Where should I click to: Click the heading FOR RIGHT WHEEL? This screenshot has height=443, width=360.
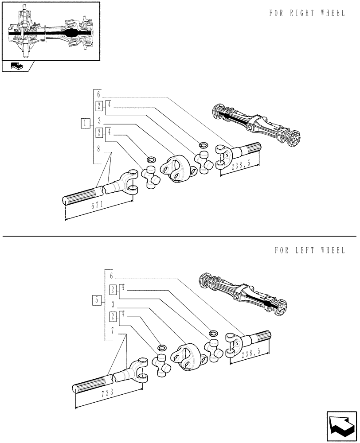[306, 13]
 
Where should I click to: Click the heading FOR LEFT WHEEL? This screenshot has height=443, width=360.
[309, 251]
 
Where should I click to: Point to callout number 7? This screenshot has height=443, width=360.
[113, 330]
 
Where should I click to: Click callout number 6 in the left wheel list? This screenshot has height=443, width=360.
[112, 276]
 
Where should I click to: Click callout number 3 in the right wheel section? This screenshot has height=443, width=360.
[99, 120]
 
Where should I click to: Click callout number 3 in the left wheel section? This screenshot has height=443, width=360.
[113, 304]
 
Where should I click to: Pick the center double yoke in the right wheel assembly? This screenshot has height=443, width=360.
[175, 168]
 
